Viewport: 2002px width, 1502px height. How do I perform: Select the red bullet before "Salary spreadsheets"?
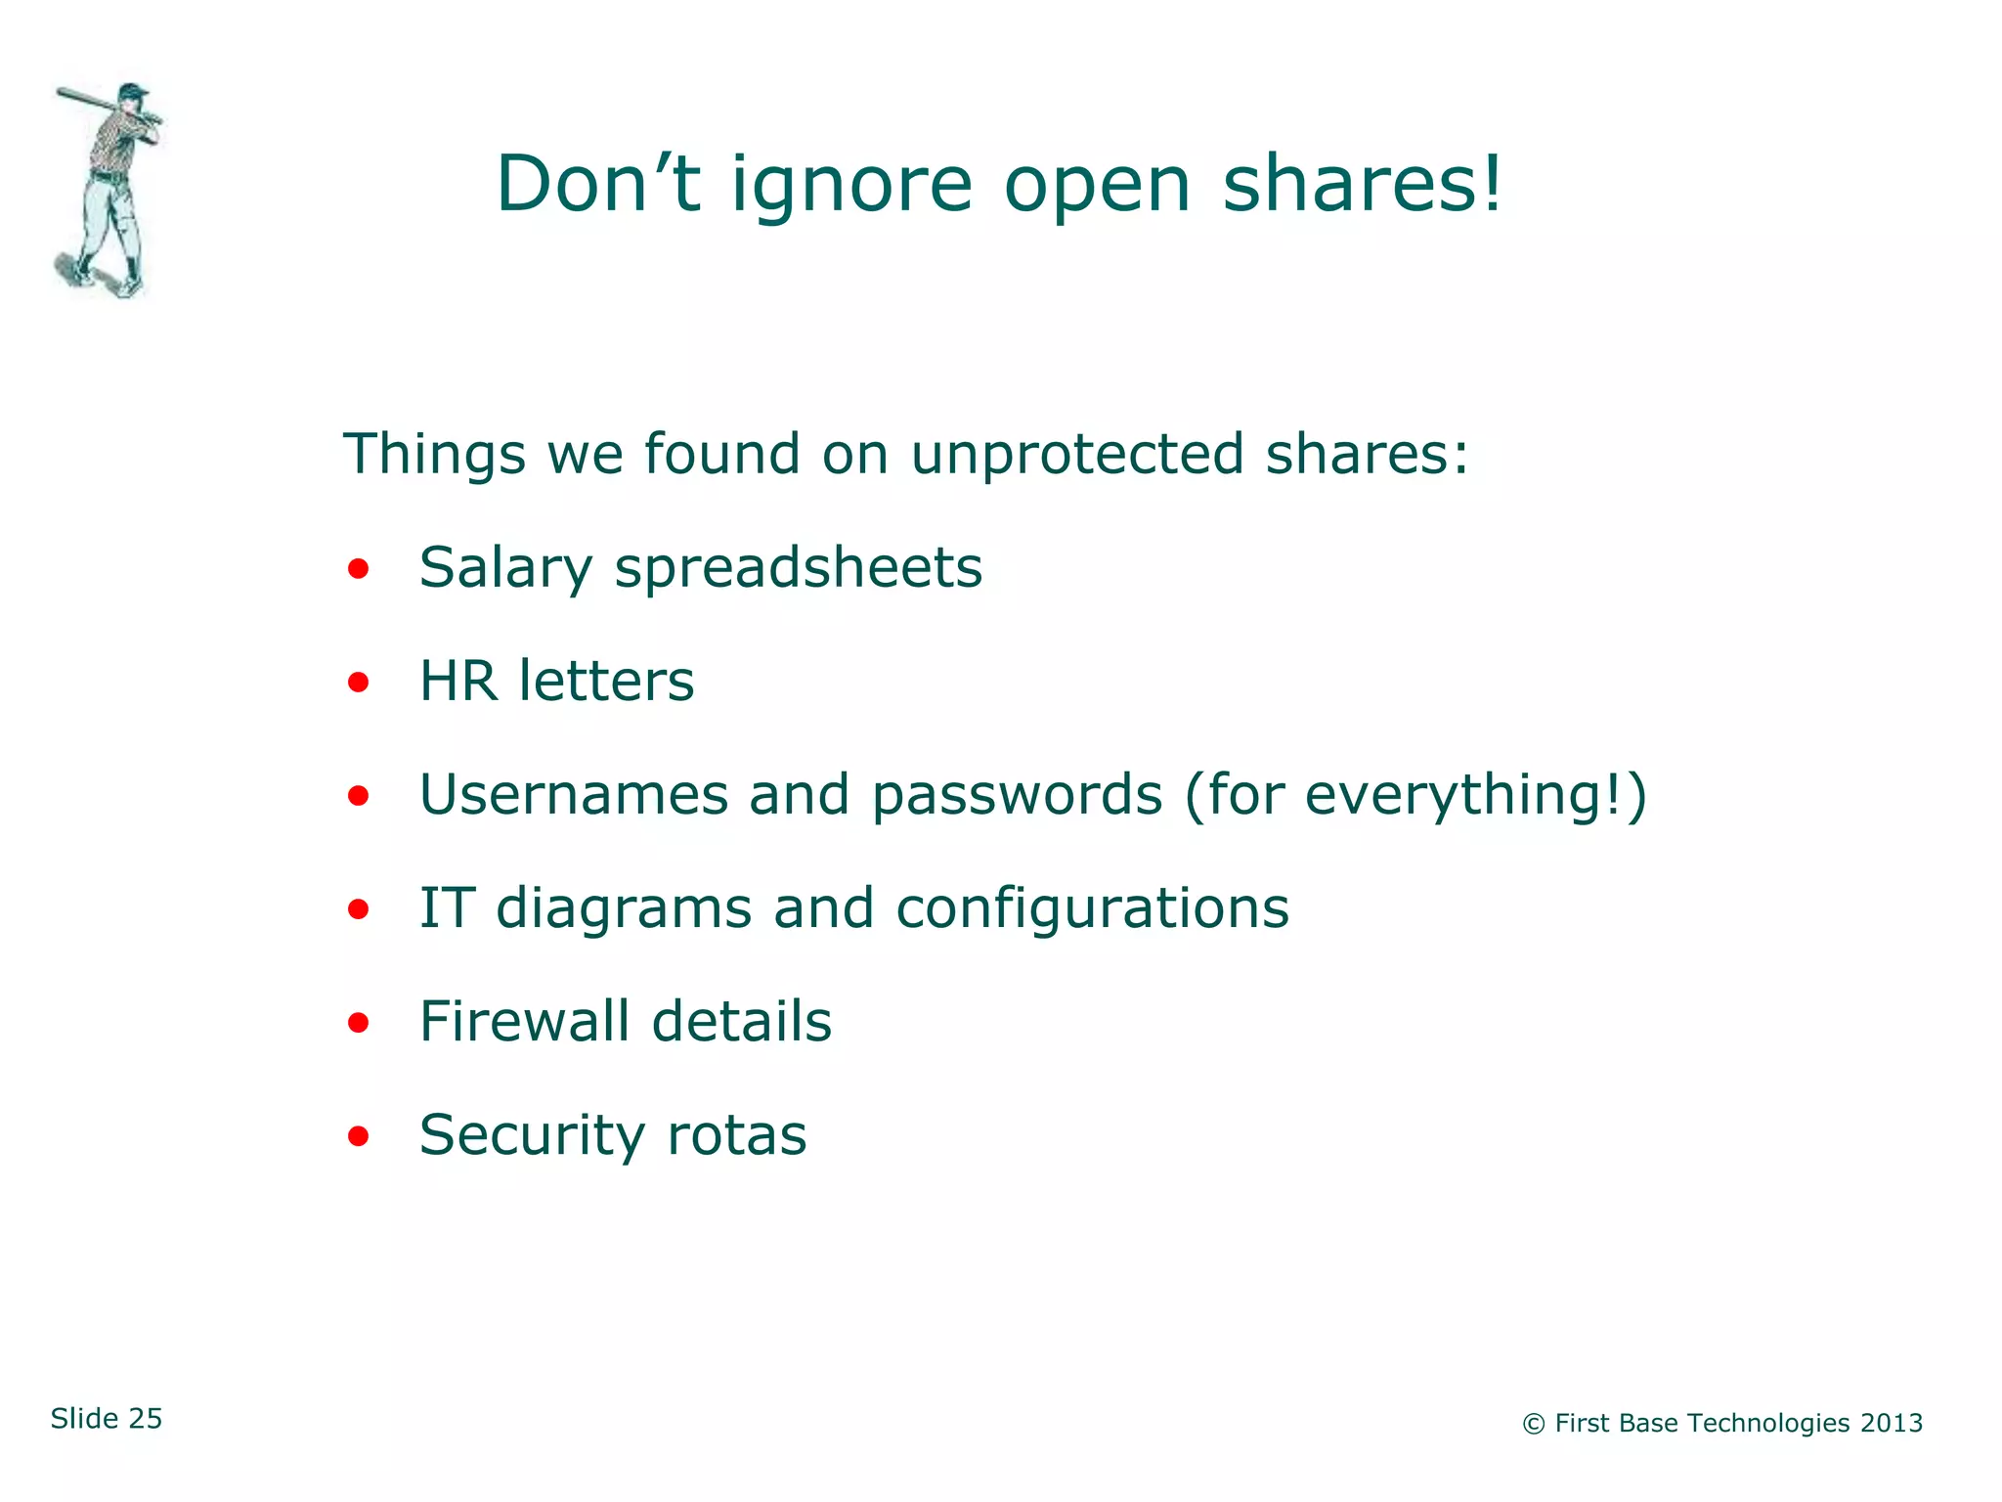point(359,568)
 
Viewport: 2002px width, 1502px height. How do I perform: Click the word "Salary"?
point(505,568)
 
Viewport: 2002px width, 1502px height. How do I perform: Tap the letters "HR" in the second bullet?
point(457,681)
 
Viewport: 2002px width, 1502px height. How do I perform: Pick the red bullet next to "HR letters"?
point(359,682)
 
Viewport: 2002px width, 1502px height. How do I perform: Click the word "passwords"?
point(1017,795)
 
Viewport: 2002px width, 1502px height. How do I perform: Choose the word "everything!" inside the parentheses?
point(1463,795)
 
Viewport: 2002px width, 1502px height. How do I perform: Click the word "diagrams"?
point(624,908)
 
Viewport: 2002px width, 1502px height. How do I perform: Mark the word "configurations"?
point(1092,908)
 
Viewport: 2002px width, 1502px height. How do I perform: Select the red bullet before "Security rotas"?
point(359,1136)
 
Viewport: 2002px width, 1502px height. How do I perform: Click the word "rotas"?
point(736,1135)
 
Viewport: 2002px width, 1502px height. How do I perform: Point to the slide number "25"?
point(145,1419)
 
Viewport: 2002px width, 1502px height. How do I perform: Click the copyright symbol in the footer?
point(1533,1425)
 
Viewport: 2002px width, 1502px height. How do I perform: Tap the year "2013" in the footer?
point(1891,1423)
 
